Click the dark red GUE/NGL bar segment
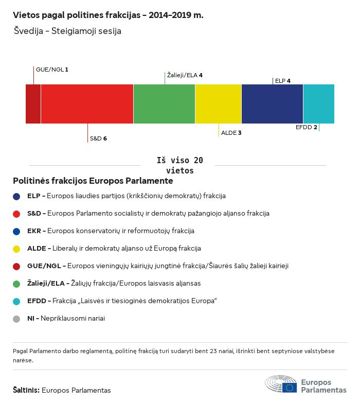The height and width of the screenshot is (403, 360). point(33,104)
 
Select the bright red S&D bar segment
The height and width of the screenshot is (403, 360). point(87,104)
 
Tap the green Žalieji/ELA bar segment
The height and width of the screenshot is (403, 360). point(164,104)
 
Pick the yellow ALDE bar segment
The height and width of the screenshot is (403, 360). point(218,104)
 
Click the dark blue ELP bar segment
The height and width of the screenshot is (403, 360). point(272,104)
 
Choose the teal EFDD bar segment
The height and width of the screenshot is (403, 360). point(318,104)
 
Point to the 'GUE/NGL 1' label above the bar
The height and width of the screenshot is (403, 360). point(52,69)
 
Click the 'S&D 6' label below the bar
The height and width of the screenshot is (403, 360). point(98,138)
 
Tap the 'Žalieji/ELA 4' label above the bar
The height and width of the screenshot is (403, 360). point(185,75)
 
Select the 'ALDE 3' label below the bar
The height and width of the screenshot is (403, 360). point(231,133)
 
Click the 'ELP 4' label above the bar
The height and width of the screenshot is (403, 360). point(283,81)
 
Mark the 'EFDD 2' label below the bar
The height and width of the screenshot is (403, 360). point(307,127)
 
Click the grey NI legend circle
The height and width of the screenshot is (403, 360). point(16,319)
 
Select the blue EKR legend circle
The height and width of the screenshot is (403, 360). point(16,231)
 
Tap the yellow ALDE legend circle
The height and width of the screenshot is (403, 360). point(16,249)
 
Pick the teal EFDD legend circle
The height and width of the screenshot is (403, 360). point(16,301)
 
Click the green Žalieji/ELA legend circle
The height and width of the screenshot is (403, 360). point(16,284)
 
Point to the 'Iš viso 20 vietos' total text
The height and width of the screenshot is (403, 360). point(179,165)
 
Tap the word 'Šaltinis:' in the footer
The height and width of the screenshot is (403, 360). point(26,390)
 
